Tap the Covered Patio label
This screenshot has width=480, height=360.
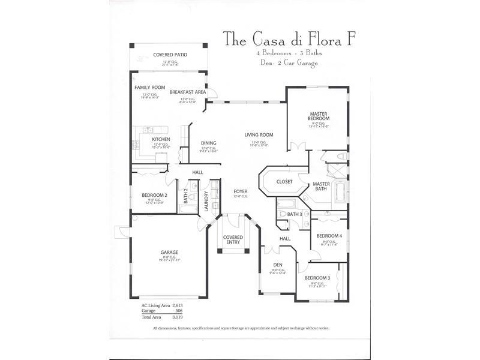(x=170, y=55)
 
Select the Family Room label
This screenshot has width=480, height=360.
(x=149, y=88)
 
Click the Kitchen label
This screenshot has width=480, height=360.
(x=161, y=140)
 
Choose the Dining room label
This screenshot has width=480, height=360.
(x=208, y=143)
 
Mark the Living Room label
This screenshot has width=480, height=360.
(x=259, y=135)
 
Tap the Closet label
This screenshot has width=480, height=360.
(x=284, y=181)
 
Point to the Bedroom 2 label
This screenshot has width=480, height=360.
(x=154, y=196)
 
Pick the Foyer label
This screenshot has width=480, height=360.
(x=241, y=191)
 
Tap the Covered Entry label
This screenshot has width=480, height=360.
(x=233, y=239)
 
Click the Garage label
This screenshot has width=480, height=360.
(x=169, y=252)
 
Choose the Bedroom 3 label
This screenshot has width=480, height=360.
(x=317, y=278)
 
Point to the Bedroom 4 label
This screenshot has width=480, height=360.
(x=329, y=236)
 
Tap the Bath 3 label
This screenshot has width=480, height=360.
(x=294, y=214)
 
